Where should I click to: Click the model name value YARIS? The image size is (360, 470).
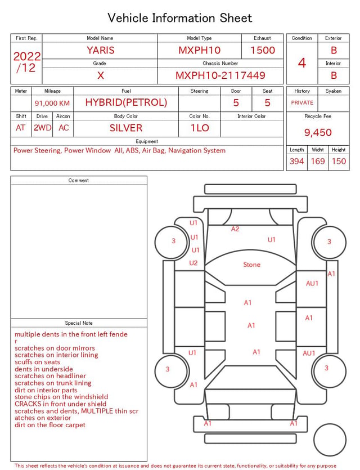tap(101, 50)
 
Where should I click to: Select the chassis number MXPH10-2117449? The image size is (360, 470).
tap(220, 75)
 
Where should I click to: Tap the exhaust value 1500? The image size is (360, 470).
tap(263, 50)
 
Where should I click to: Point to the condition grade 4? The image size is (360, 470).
tap(302, 63)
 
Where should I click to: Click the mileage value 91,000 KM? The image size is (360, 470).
tap(52, 103)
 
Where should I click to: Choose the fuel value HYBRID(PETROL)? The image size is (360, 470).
tap(126, 102)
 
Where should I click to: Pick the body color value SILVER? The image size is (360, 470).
tap(126, 128)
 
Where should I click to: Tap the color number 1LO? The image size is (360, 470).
tap(200, 128)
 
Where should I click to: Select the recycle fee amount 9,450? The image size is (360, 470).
tap(318, 132)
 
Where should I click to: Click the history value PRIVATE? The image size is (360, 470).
tap(302, 102)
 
